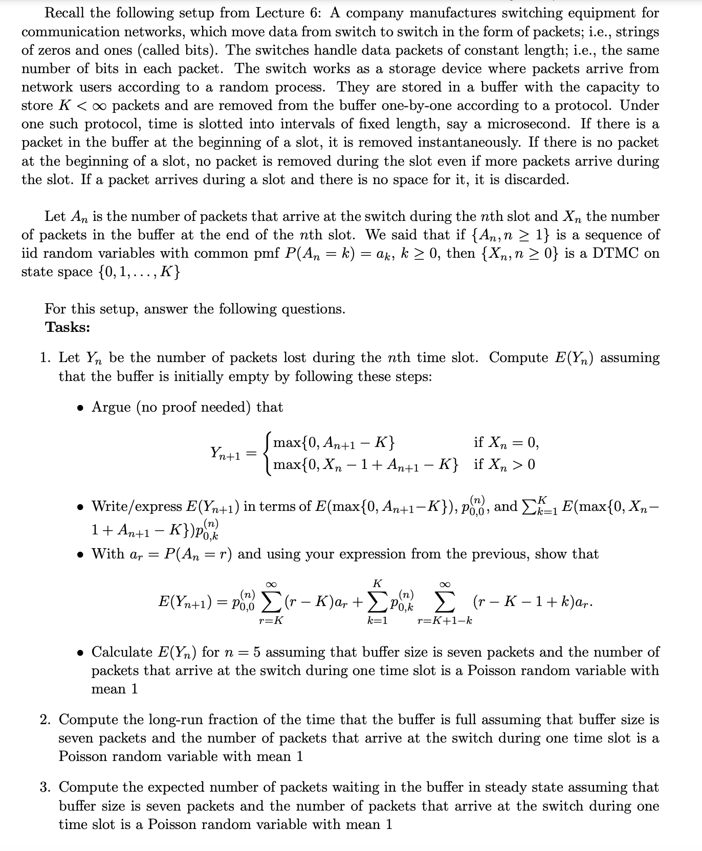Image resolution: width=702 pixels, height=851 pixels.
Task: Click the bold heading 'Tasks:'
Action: [x=68, y=327]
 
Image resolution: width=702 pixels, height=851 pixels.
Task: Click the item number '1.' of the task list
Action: [x=46, y=358]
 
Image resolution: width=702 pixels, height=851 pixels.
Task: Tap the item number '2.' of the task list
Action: [x=46, y=720]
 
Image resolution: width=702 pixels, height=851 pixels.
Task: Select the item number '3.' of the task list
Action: [x=46, y=788]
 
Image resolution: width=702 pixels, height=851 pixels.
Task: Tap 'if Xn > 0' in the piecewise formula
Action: [x=504, y=465]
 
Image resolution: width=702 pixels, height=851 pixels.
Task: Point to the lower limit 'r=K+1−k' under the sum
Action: [x=445, y=621]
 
